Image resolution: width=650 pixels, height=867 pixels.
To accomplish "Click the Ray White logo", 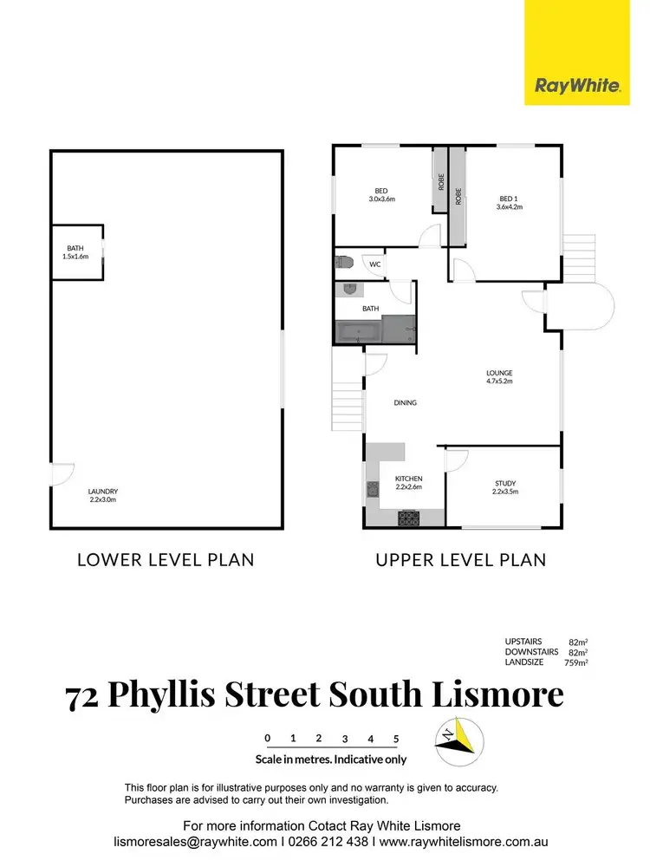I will [577, 85].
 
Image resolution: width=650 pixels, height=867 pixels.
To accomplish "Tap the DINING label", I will [405, 402].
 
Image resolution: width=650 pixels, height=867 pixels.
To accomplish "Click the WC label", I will [375, 264].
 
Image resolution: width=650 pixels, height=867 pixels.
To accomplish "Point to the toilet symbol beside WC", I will [343, 262].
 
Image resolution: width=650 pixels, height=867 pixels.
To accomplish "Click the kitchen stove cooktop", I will [408, 518].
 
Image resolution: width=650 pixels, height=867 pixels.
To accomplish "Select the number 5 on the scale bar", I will [396, 739].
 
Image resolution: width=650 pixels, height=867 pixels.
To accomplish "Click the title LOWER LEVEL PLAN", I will [166, 559].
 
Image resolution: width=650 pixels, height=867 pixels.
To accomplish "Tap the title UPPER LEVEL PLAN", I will [460, 559].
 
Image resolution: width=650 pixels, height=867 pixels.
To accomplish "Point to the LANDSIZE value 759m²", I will [575, 662].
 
